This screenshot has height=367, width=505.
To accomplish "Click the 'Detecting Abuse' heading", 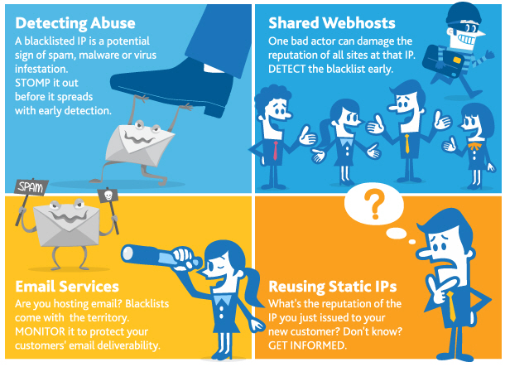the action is pos(75,23).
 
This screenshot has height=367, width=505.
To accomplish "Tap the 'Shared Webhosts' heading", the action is pos(332,23).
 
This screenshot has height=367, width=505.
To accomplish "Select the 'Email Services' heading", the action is pos(67,286).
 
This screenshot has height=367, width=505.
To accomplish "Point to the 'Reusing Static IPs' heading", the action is pos(333,287).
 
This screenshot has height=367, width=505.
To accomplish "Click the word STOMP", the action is pos(31,83).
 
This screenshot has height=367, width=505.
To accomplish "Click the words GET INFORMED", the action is pos(307,345).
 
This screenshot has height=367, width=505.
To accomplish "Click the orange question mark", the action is pos(374,203).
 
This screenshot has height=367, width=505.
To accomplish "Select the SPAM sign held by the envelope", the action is pos(31,186).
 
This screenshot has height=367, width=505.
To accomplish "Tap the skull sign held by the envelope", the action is pos(108,196).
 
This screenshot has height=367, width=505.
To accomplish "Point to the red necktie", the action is pos(276,150).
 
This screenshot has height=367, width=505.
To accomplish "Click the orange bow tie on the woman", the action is pos(474,147).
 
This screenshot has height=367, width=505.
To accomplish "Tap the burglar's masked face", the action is pos(466,35).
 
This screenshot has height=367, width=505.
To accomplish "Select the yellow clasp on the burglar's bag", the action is pos(457,60).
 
